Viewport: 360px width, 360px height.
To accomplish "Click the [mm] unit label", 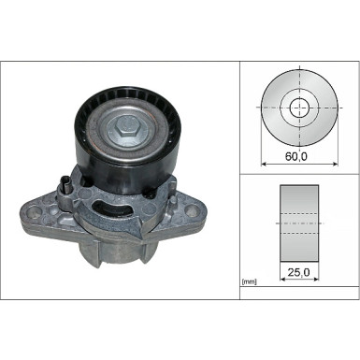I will pyautogui.click(x=250, y=281).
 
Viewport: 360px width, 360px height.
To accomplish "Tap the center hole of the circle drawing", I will pyautogui.click(x=298, y=108).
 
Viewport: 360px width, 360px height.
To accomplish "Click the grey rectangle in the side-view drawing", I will pyautogui.click(x=298, y=225).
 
